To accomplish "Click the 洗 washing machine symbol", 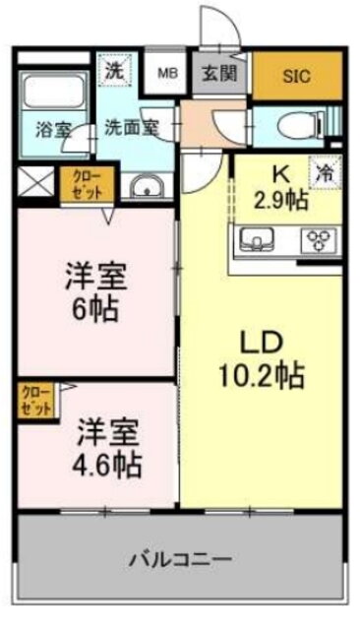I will point(115,71).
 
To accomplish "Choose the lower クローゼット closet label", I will point(36,399).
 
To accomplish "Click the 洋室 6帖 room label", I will point(94,293).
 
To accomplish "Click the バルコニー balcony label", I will point(180,560).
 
